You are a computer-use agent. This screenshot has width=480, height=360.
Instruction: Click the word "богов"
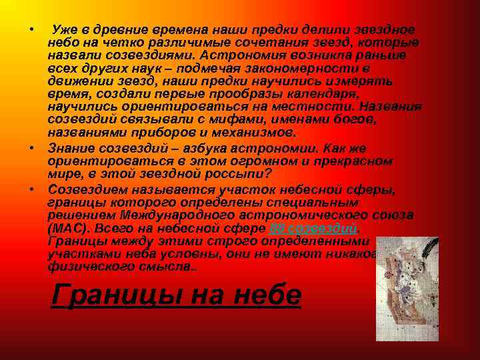point(357,119)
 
